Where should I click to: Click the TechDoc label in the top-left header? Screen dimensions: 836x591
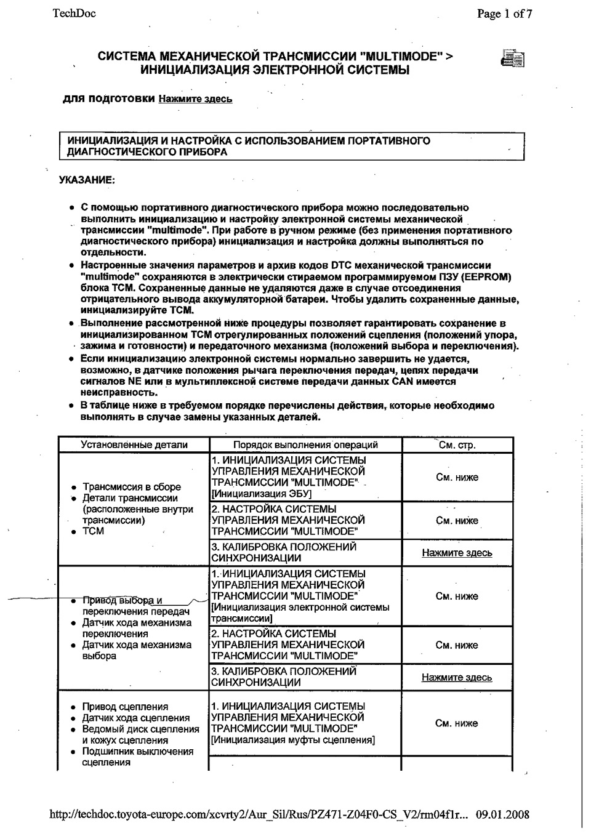point(74,13)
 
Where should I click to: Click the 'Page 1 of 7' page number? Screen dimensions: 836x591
point(504,14)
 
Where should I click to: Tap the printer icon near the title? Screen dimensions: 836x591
point(512,59)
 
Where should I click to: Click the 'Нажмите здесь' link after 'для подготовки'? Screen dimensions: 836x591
point(195,98)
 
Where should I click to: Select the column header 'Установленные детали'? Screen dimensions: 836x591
point(134,444)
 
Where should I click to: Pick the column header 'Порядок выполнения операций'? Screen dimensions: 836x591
point(305,444)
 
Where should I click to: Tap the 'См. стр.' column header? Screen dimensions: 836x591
point(457,444)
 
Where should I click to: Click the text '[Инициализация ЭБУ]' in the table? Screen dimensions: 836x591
point(261,494)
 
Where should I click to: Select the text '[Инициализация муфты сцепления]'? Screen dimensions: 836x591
point(292,740)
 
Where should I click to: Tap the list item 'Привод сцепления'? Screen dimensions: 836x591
point(125,707)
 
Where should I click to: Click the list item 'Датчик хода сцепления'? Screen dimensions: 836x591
point(136,718)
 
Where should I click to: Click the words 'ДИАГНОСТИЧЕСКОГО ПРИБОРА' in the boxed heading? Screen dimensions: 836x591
point(147,152)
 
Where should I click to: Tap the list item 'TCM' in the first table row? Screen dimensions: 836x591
point(94,531)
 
